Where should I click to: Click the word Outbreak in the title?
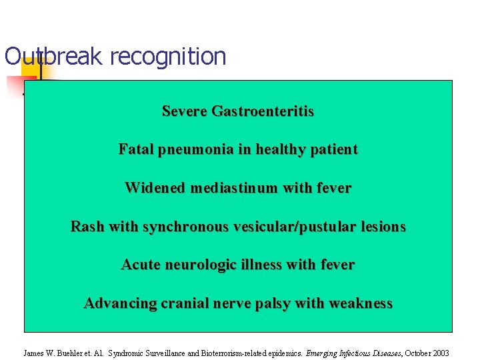tap(53, 57)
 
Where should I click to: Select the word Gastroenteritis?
tap(263, 111)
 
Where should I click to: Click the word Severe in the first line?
tap(185, 111)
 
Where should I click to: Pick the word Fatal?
tap(135, 149)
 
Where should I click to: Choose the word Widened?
tap(155, 188)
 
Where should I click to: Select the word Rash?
tap(87, 227)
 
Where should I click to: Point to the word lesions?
tap(381, 227)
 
